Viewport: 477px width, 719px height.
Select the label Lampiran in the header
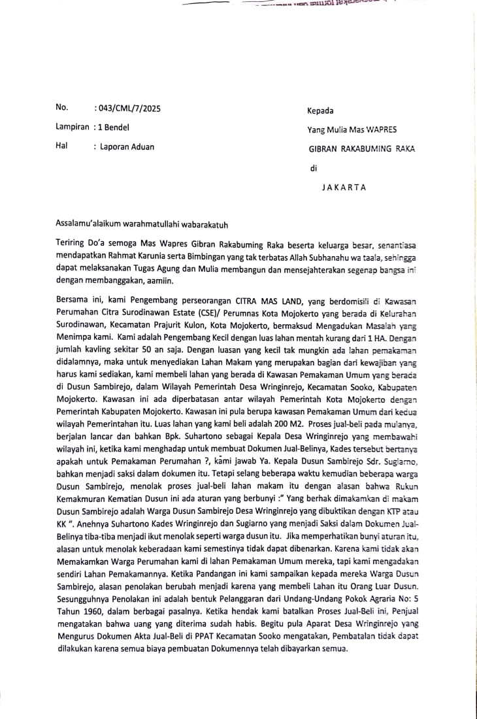(72, 127)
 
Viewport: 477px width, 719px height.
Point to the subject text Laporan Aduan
(127, 147)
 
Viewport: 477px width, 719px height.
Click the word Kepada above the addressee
(320, 110)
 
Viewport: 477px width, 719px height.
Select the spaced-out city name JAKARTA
(344, 188)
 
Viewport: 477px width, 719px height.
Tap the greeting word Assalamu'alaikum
(88, 224)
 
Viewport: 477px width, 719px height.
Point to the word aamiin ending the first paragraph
(166, 278)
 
